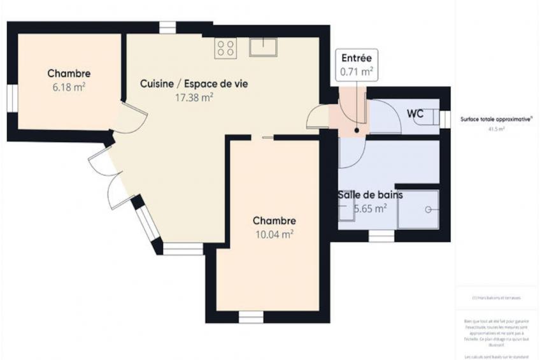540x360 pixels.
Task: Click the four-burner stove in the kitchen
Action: tap(225, 47)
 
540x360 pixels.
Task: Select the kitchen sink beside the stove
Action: tap(263, 47)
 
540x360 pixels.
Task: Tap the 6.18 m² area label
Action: tap(69, 87)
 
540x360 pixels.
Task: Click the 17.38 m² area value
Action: tap(194, 97)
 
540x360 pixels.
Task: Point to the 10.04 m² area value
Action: tap(274, 234)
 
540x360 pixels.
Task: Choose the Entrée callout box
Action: tap(357, 65)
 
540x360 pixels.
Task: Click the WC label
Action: tap(416, 113)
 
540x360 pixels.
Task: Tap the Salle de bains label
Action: tap(369, 195)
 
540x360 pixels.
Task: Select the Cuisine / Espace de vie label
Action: tap(194, 83)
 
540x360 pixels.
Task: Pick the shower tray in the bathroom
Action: tap(418, 209)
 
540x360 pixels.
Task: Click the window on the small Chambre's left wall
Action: tap(12, 99)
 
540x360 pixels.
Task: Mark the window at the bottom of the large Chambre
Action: tap(251, 317)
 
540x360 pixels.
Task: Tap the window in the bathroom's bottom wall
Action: tap(381, 236)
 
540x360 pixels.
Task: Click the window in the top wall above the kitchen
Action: tap(167, 27)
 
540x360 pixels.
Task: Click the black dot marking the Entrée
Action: tap(357, 130)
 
